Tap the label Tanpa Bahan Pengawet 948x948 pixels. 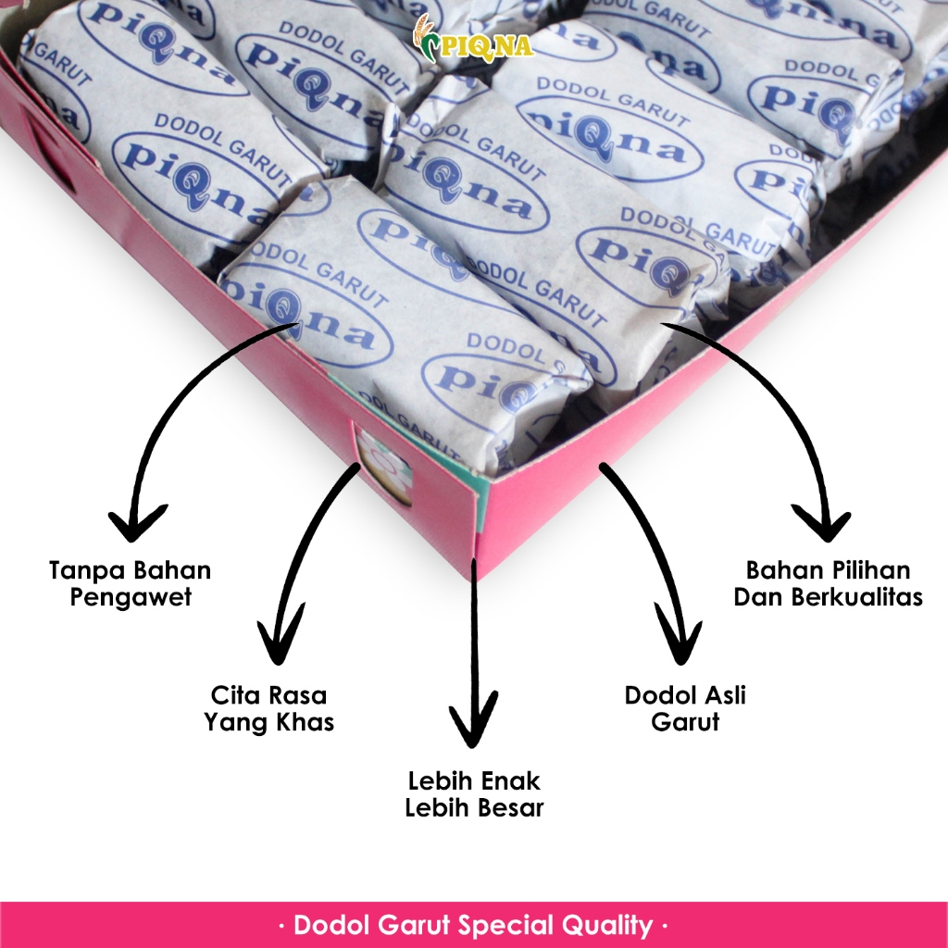131,583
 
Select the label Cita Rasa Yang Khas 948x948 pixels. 269,708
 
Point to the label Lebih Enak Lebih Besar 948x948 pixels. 474,794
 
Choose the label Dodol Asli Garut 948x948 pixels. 685,708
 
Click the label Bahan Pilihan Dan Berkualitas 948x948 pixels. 829,583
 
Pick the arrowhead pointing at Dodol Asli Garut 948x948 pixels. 681,644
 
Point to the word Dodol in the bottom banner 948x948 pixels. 329,925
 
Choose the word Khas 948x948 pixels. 305,722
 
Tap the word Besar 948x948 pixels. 511,808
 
